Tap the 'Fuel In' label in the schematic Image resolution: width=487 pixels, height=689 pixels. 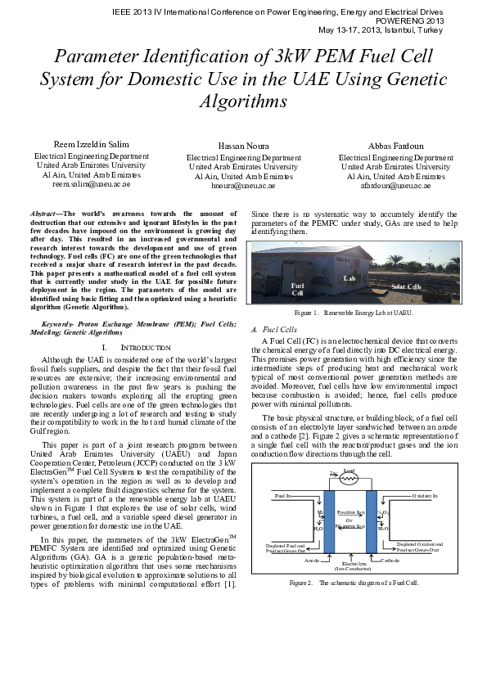283,496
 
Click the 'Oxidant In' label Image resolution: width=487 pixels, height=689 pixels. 424,496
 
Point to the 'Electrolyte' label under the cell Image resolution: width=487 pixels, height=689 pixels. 349,564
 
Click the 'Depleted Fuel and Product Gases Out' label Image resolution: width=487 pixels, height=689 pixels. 283,547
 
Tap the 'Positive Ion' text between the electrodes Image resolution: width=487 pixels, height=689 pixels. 349,511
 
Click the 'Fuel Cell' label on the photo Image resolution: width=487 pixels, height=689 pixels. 298,289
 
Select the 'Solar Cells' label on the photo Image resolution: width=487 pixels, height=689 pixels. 405,286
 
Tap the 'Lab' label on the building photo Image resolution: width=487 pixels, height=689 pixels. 348,279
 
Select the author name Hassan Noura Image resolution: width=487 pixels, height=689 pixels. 243,146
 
